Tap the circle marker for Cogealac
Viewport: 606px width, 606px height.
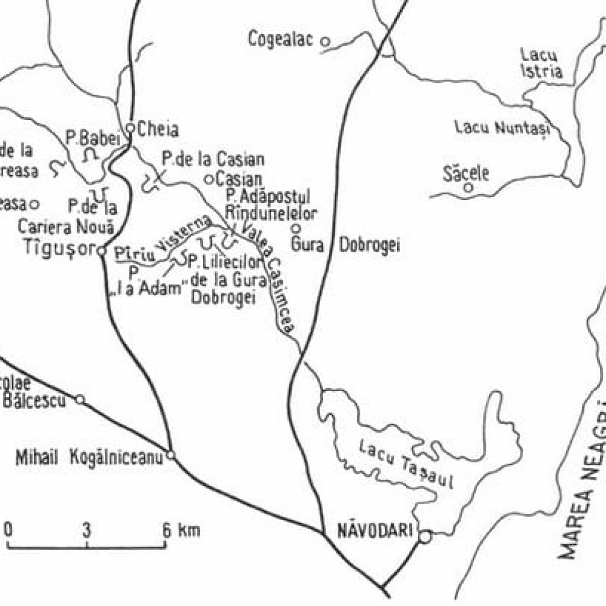[x=325, y=41]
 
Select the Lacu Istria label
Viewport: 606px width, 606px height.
[x=540, y=63]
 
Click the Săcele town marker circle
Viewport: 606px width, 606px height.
[x=469, y=188]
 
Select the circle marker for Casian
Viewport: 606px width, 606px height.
[x=208, y=179]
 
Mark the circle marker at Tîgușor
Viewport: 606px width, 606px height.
[x=101, y=251]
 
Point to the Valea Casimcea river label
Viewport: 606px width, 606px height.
[x=272, y=278]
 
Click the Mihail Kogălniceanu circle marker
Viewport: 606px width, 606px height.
[x=171, y=455]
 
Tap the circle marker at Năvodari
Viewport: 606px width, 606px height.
[x=425, y=536]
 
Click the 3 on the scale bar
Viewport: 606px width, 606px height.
[x=87, y=530]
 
